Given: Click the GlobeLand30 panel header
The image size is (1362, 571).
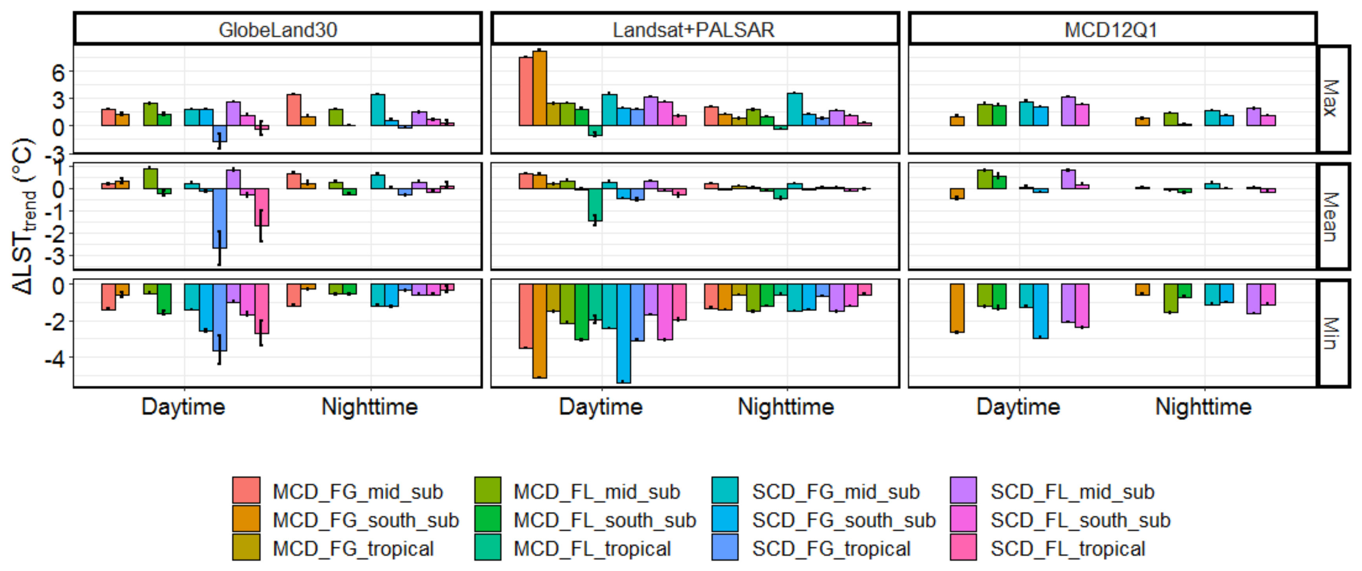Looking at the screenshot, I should (x=278, y=29).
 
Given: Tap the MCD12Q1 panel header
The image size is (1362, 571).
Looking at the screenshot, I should (x=1111, y=29).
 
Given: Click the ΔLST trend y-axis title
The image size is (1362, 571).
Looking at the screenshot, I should (x=24, y=216).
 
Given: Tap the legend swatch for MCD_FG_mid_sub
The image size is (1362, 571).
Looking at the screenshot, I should (x=246, y=490).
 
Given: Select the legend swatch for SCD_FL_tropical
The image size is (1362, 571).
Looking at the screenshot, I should (x=963, y=547).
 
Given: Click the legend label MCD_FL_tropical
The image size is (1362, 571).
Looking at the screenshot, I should (x=592, y=548).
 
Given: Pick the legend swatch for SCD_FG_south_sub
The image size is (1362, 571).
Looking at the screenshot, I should (x=725, y=519).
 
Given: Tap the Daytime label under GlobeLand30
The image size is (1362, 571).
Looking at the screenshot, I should (x=183, y=406).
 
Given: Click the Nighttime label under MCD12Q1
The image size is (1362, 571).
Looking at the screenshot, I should (x=1203, y=406).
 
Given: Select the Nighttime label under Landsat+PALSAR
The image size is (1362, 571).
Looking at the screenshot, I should (x=786, y=406).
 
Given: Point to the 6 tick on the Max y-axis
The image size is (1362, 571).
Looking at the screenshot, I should (x=58, y=72).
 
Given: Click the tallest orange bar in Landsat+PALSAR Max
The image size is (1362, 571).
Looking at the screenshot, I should (x=540, y=88).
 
